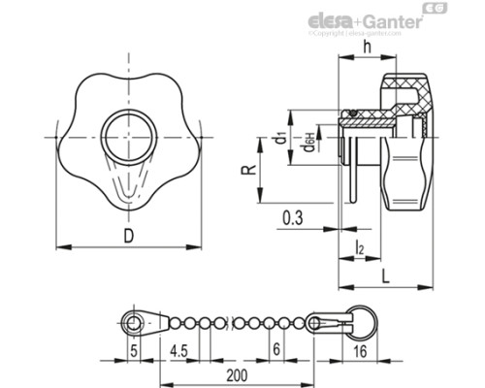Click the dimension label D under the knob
click(129, 235)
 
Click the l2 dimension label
click(360, 250)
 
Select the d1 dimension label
click(279, 139)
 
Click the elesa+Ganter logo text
click(360, 19)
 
